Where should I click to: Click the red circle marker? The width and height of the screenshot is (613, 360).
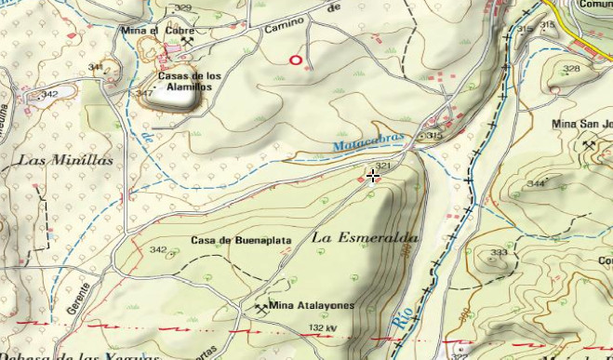click(x=296, y=60)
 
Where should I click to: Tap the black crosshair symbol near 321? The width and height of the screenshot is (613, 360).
click(x=373, y=176)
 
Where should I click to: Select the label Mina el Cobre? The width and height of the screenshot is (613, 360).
click(x=150, y=30)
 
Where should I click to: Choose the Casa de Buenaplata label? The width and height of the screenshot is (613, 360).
click(x=241, y=240)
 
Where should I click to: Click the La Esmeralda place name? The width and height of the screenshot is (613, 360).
click(x=365, y=238)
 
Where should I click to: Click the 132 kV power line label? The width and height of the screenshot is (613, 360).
click(x=322, y=329)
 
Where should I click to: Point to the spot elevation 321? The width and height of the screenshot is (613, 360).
click(x=381, y=165)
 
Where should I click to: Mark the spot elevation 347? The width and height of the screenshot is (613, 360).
click(x=144, y=94)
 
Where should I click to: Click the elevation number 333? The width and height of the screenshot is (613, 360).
click(x=500, y=253)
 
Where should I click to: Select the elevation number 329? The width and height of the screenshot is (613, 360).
click(x=183, y=8)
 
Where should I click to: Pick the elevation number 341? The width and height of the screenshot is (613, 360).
click(x=95, y=68)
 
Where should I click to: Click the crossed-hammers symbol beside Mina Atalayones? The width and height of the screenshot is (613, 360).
click(x=258, y=305)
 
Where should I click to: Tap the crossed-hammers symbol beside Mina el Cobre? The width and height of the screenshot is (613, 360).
click(x=189, y=40)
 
